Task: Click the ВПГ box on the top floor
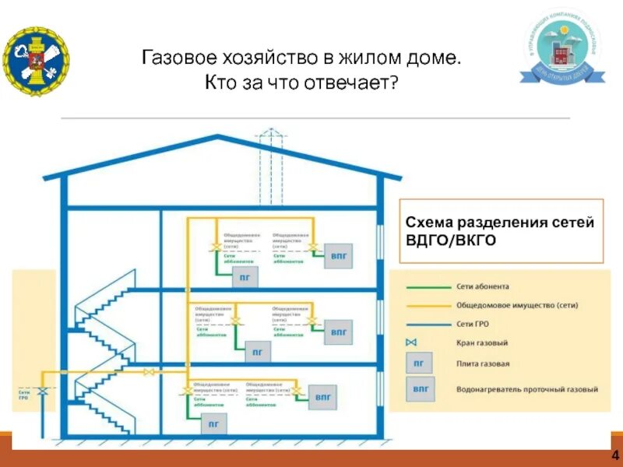coord(337,255)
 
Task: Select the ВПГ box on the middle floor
coord(337,331)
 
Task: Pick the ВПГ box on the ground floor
coord(322,397)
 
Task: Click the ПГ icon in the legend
coord(418,363)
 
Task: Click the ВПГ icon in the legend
coord(421,388)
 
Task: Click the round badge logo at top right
coord(561,51)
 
